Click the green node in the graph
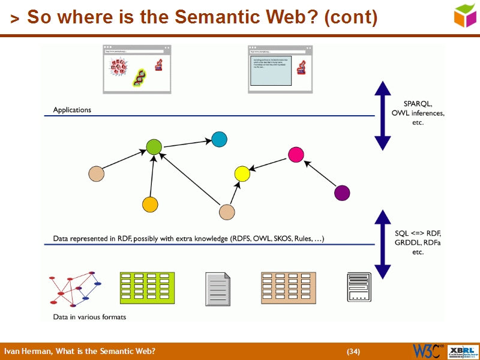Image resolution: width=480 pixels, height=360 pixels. [154, 147]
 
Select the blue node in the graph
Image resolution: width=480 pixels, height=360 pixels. [220, 140]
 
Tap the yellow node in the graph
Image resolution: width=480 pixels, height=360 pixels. [242, 174]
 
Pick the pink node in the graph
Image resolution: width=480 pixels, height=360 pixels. [296, 155]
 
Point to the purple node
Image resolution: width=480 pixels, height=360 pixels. [342, 193]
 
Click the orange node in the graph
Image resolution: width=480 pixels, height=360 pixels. [150, 204]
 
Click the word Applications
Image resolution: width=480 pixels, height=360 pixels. [72, 110]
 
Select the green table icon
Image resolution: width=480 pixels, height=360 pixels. [147, 287]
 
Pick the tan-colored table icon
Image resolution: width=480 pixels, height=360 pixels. [289, 287]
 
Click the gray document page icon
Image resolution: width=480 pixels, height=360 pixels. [218, 287]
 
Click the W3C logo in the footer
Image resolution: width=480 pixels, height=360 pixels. [428, 351]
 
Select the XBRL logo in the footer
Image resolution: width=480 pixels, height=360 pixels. [464, 351]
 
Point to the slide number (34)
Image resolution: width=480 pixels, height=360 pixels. [353, 352]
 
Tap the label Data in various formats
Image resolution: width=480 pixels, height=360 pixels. [89, 317]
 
